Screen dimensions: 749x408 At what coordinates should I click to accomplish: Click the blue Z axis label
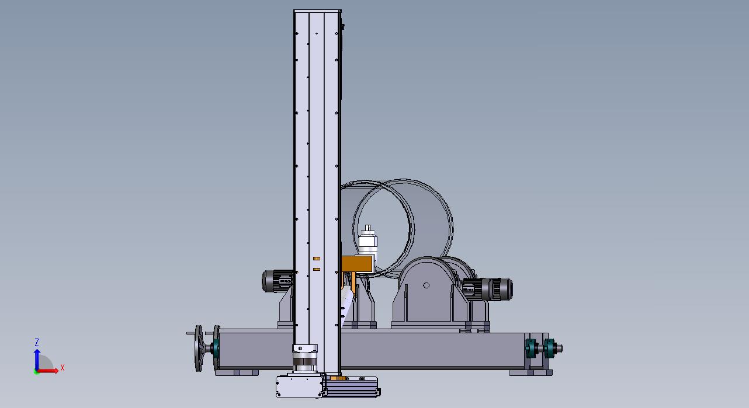[37, 342]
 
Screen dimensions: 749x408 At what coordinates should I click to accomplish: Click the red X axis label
[62, 368]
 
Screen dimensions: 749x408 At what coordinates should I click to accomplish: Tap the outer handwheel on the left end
[199, 348]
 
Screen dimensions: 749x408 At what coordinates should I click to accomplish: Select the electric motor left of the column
[277, 281]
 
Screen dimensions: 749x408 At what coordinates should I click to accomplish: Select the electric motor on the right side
[487, 289]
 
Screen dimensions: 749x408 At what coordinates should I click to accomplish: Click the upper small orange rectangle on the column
[317, 259]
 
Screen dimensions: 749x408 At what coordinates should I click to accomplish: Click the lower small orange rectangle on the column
[317, 269]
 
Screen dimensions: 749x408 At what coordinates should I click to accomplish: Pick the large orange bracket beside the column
[357, 264]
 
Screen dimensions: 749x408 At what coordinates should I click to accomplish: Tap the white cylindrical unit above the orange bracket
[368, 241]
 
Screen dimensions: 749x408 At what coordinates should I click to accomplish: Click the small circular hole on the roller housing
[426, 285]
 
